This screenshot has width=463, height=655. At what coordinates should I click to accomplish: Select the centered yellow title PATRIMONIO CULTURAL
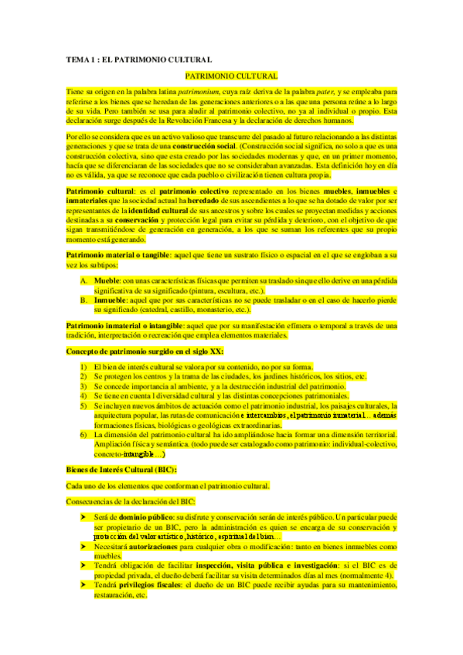pos(232,76)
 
